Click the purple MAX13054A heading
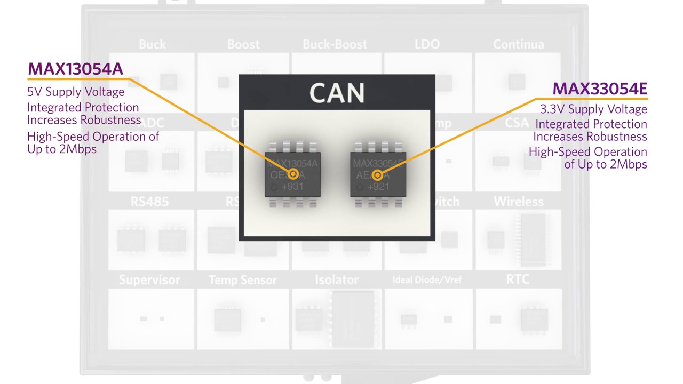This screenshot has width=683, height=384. (75, 69)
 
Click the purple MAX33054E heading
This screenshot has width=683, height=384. (599, 89)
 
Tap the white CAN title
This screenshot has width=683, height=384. (337, 93)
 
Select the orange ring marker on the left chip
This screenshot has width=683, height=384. (292, 174)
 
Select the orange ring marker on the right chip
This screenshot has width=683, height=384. (377, 175)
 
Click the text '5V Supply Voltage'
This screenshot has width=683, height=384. (76, 92)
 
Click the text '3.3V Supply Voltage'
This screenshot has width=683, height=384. (593, 109)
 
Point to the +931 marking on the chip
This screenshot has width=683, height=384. (292, 187)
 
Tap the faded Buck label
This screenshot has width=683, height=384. (152, 44)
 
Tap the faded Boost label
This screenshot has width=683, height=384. (243, 44)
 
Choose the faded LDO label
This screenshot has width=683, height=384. (427, 44)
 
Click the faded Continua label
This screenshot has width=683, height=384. (518, 44)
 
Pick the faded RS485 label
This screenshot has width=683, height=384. (149, 202)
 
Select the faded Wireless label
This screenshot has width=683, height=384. (518, 202)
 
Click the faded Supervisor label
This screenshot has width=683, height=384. (149, 280)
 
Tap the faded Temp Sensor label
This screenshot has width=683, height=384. (243, 280)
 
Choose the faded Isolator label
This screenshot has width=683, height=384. (336, 280)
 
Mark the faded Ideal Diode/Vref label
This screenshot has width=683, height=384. (427, 280)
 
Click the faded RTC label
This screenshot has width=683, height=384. (518, 279)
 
